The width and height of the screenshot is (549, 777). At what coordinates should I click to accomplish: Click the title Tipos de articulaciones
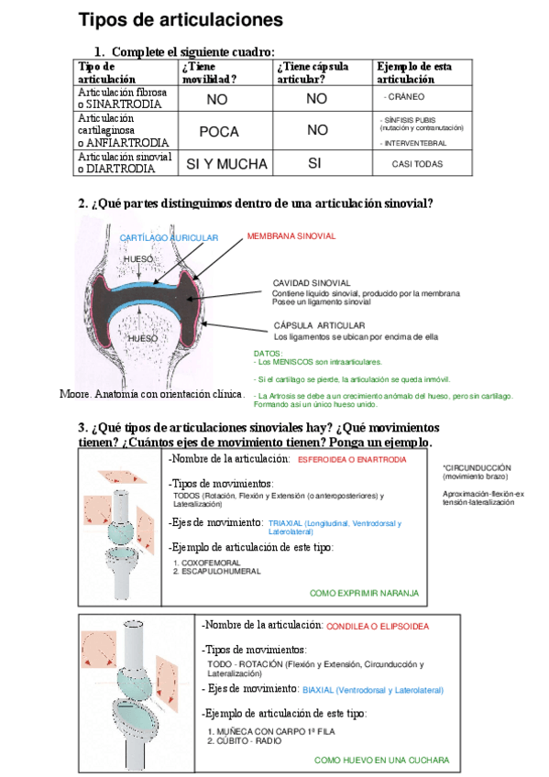[x=181, y=19]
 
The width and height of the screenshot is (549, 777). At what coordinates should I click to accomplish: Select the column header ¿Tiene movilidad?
[x=209, y=72]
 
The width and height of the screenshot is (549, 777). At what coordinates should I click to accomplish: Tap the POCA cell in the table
[x=218, y=131]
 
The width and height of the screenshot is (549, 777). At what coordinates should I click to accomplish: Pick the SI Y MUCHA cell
[x=226, y=164]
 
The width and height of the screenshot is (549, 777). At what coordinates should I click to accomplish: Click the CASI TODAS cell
[x=416, y=164]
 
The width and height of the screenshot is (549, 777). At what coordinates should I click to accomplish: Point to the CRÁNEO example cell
[x=404, y=96]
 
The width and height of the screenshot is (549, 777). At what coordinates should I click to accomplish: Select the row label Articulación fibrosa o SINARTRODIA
[x=123, y=99]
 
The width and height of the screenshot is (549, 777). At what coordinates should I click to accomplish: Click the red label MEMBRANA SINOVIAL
[x=291, y=236]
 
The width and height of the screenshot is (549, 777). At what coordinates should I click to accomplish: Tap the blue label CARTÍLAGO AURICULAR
[x=169, y=238]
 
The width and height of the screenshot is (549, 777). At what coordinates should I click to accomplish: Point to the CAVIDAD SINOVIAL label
[x=312, y=282]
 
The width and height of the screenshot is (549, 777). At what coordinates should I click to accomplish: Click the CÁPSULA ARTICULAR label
[x=319, y=325]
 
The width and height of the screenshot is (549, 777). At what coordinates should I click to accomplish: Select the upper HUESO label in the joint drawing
[x=137, y=259]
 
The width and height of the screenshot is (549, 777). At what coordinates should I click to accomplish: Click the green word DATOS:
[x=269, y=353]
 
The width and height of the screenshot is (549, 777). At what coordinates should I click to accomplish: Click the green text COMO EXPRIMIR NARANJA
[x=364, y=594]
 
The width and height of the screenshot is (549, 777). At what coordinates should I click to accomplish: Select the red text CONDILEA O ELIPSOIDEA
[x=378, y=627]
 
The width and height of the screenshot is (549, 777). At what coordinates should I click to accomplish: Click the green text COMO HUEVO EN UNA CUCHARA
[x=381, y=761]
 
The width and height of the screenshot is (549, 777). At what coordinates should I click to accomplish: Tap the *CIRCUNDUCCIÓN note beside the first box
[x=476, y=467]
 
